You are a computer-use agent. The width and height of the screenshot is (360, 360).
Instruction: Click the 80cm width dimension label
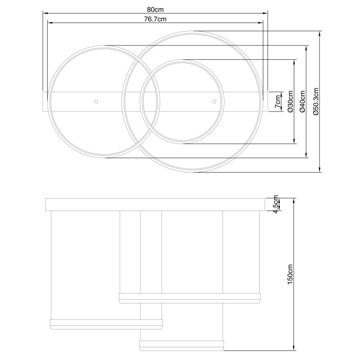(x=154, y=9)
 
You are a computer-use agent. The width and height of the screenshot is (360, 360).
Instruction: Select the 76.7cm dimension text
(x=155, y=19)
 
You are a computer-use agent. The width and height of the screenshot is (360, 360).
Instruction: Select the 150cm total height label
(x=290, y=274)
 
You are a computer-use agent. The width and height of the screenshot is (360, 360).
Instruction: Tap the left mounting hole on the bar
(x=95, y=101)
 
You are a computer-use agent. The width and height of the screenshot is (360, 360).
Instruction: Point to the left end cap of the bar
(x=45, y=101)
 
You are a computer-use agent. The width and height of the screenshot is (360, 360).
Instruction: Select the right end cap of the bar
(x=265, y=101)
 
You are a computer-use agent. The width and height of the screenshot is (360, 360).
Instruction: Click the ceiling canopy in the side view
(x=155, y=204)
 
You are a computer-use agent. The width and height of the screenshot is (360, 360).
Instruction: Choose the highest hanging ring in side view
(x=189, y=297)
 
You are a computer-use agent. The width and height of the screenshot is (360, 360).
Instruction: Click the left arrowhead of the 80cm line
(x=44, y=13)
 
